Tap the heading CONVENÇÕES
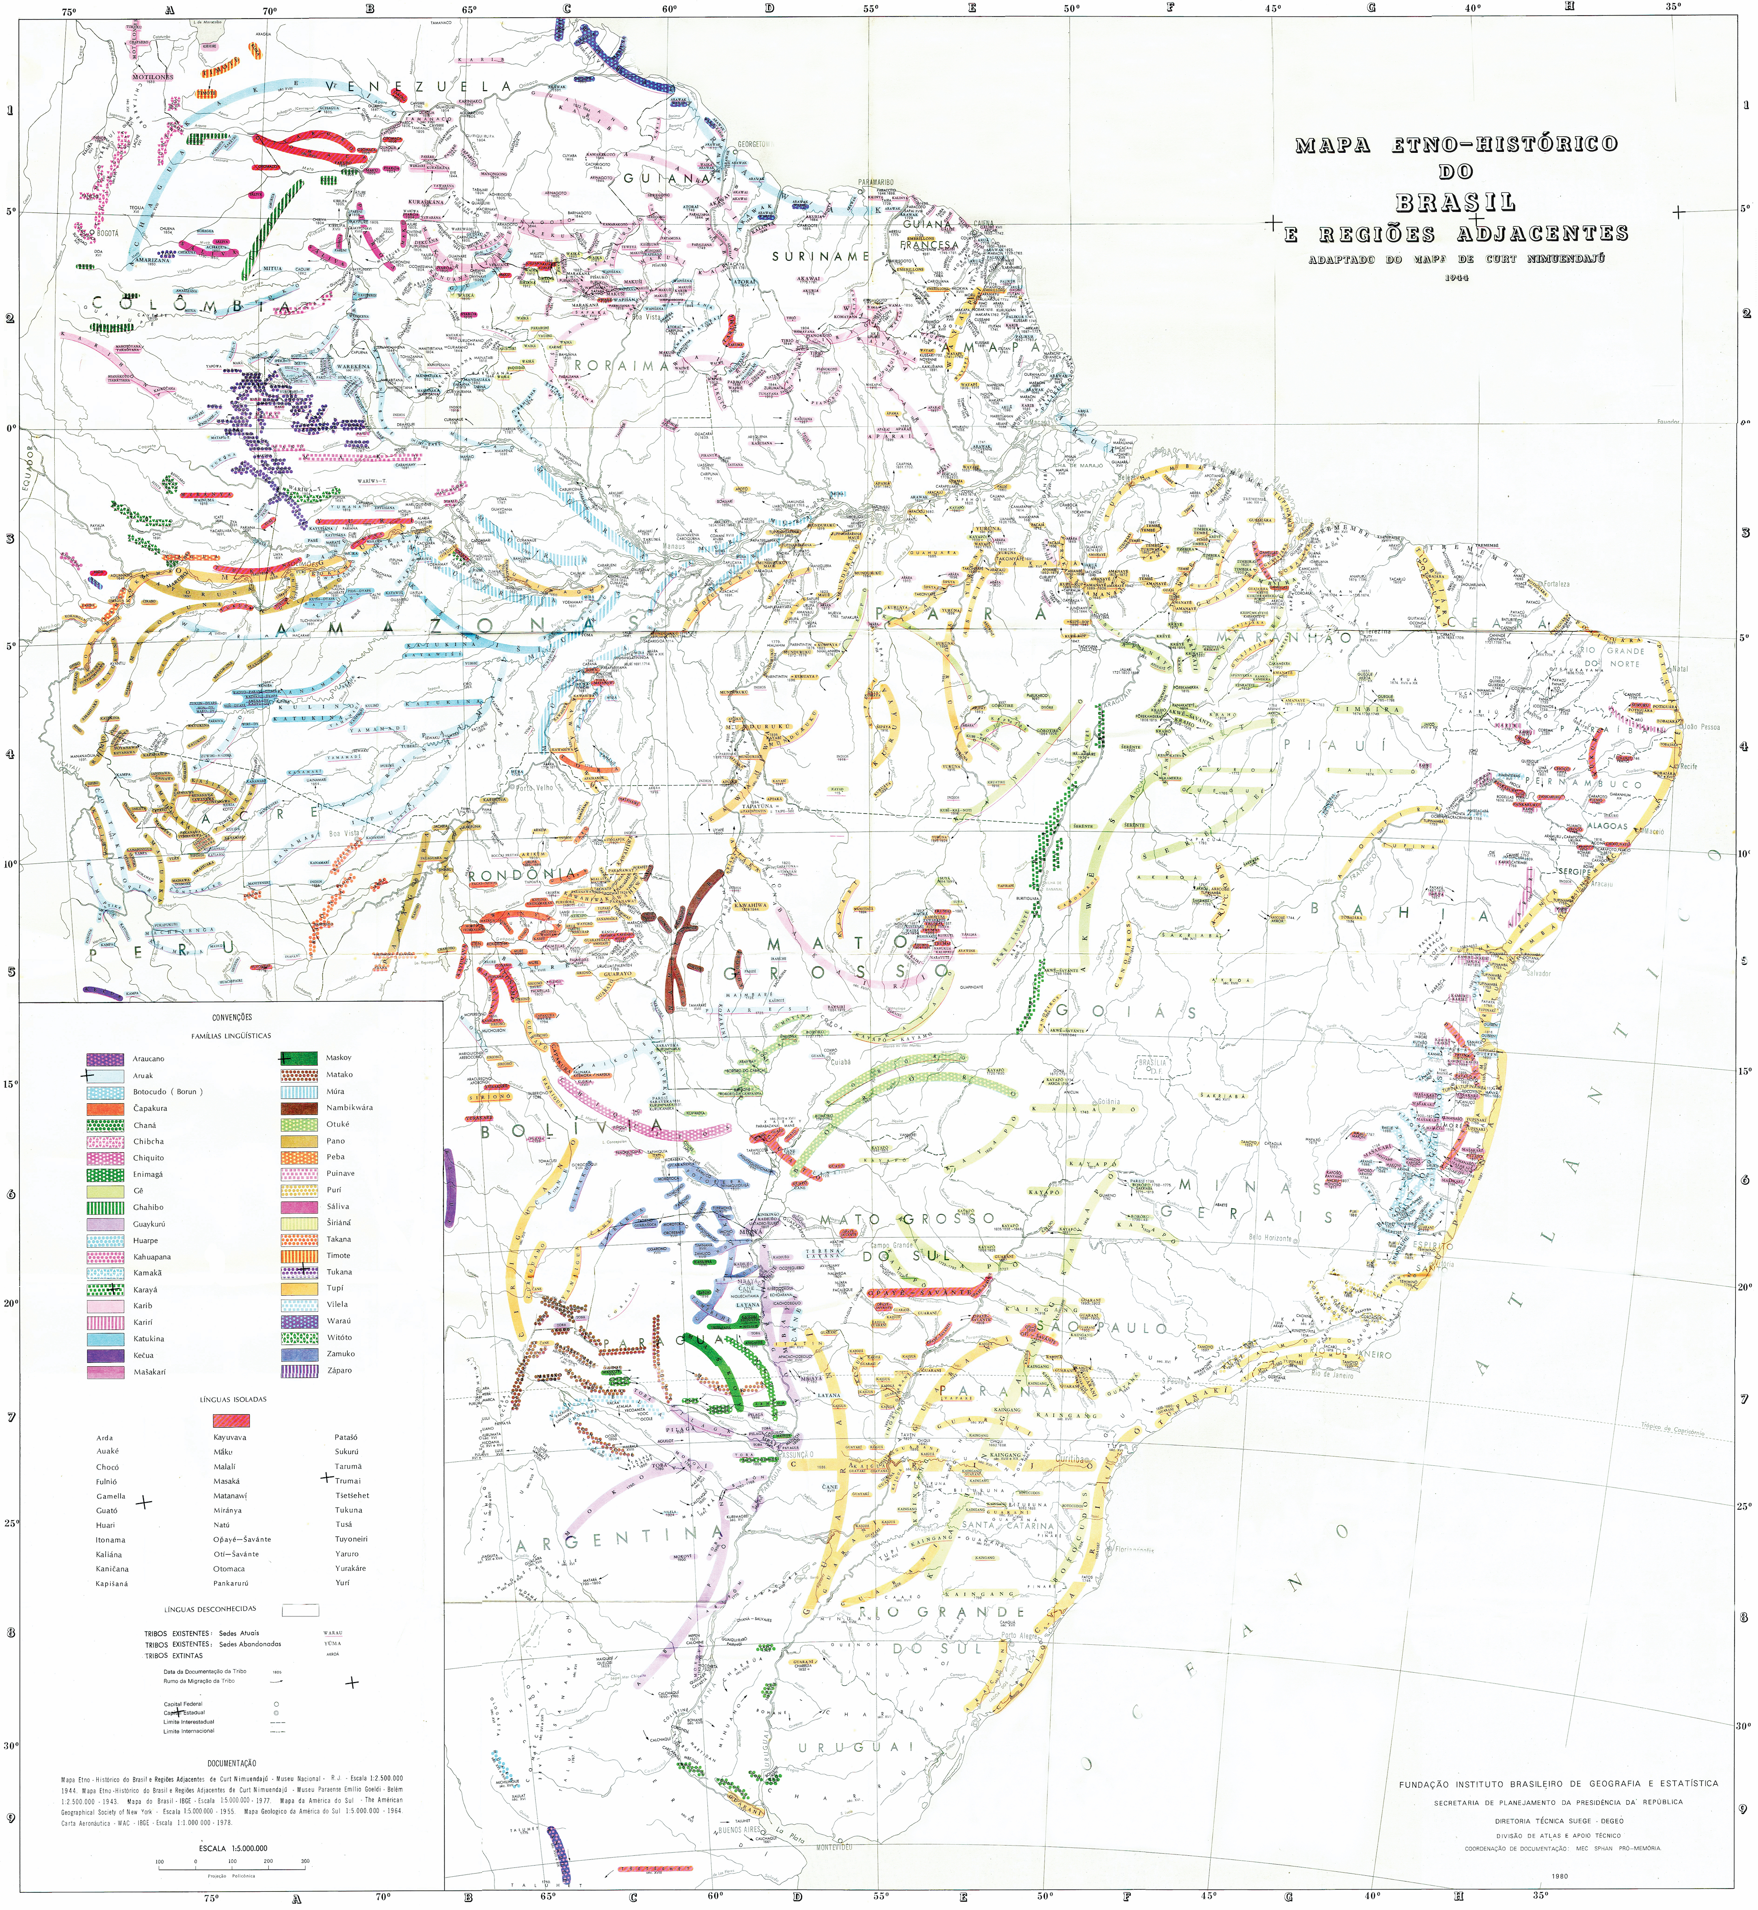point(232,1017)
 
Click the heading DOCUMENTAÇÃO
point(232,1763)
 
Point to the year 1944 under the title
point(1455,278)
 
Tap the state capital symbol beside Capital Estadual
point(276,1713)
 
